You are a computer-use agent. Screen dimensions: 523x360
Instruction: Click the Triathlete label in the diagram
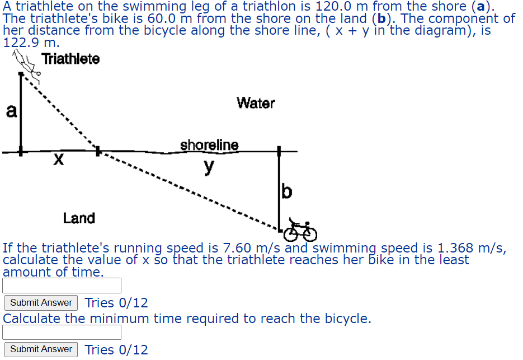(x=70, y=58)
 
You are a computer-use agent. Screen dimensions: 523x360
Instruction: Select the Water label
(x=256, y=103)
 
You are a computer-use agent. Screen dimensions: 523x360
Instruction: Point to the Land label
(x=79, y=218)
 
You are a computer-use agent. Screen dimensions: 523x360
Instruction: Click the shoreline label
(x=209, y=145)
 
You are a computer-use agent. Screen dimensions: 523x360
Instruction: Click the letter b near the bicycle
(x=286, y=192)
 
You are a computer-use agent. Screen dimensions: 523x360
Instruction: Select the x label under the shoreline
(x=58, y=161)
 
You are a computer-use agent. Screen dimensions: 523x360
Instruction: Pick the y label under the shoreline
(x=209, y=166)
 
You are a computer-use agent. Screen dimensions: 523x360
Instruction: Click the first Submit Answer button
(x=41, y=302)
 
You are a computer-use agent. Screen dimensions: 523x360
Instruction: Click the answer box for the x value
(x=62, y=286)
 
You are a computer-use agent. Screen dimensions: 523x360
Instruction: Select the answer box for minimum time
(x=62, y=332)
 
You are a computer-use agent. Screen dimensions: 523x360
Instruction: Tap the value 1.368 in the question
(x=454, y=248)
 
